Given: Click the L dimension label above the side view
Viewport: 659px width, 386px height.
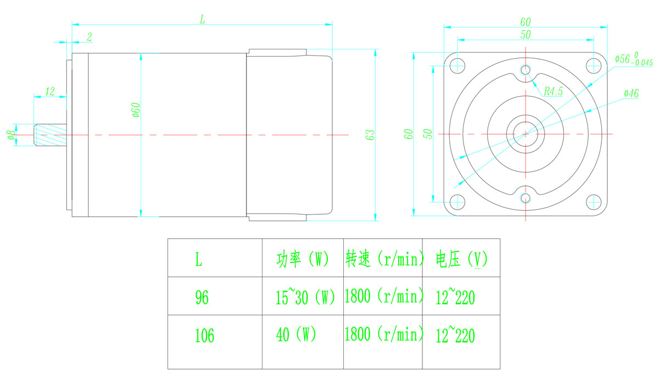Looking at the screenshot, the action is coord(203,19).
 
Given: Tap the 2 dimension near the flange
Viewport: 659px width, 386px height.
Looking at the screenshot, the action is coord(90,37).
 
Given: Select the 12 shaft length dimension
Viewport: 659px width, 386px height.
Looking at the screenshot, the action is coord(50,92).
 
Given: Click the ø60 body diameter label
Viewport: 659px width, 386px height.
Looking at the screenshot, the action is coord(136,110).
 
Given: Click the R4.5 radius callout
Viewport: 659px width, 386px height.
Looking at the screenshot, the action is coord(553,91).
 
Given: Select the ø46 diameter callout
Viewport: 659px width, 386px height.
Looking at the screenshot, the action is coord(632,93).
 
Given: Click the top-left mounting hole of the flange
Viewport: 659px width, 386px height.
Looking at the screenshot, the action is coord(457,65).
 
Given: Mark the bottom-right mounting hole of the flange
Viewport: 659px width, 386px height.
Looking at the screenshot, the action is coord(594,202).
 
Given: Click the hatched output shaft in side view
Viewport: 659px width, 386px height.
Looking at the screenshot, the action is coord(50,135).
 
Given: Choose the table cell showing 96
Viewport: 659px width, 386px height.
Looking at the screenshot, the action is coord(202,297).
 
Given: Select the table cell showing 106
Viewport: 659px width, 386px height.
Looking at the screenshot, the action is coord(204,335).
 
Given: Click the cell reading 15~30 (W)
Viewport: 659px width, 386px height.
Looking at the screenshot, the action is coord(305,297).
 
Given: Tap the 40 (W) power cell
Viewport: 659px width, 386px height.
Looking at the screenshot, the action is coord(296,334).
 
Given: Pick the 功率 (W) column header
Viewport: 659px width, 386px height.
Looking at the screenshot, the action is coord(303,260).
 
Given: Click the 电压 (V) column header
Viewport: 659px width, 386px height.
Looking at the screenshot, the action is coord(462,259).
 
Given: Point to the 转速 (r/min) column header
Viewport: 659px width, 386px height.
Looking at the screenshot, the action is coord(384,259).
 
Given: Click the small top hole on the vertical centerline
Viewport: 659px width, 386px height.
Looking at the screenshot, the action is coord(526,70).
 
